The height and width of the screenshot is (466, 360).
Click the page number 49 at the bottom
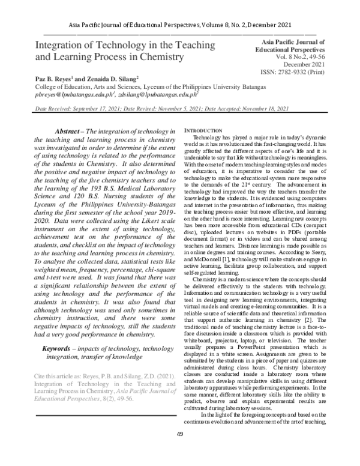tap(180, 451)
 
